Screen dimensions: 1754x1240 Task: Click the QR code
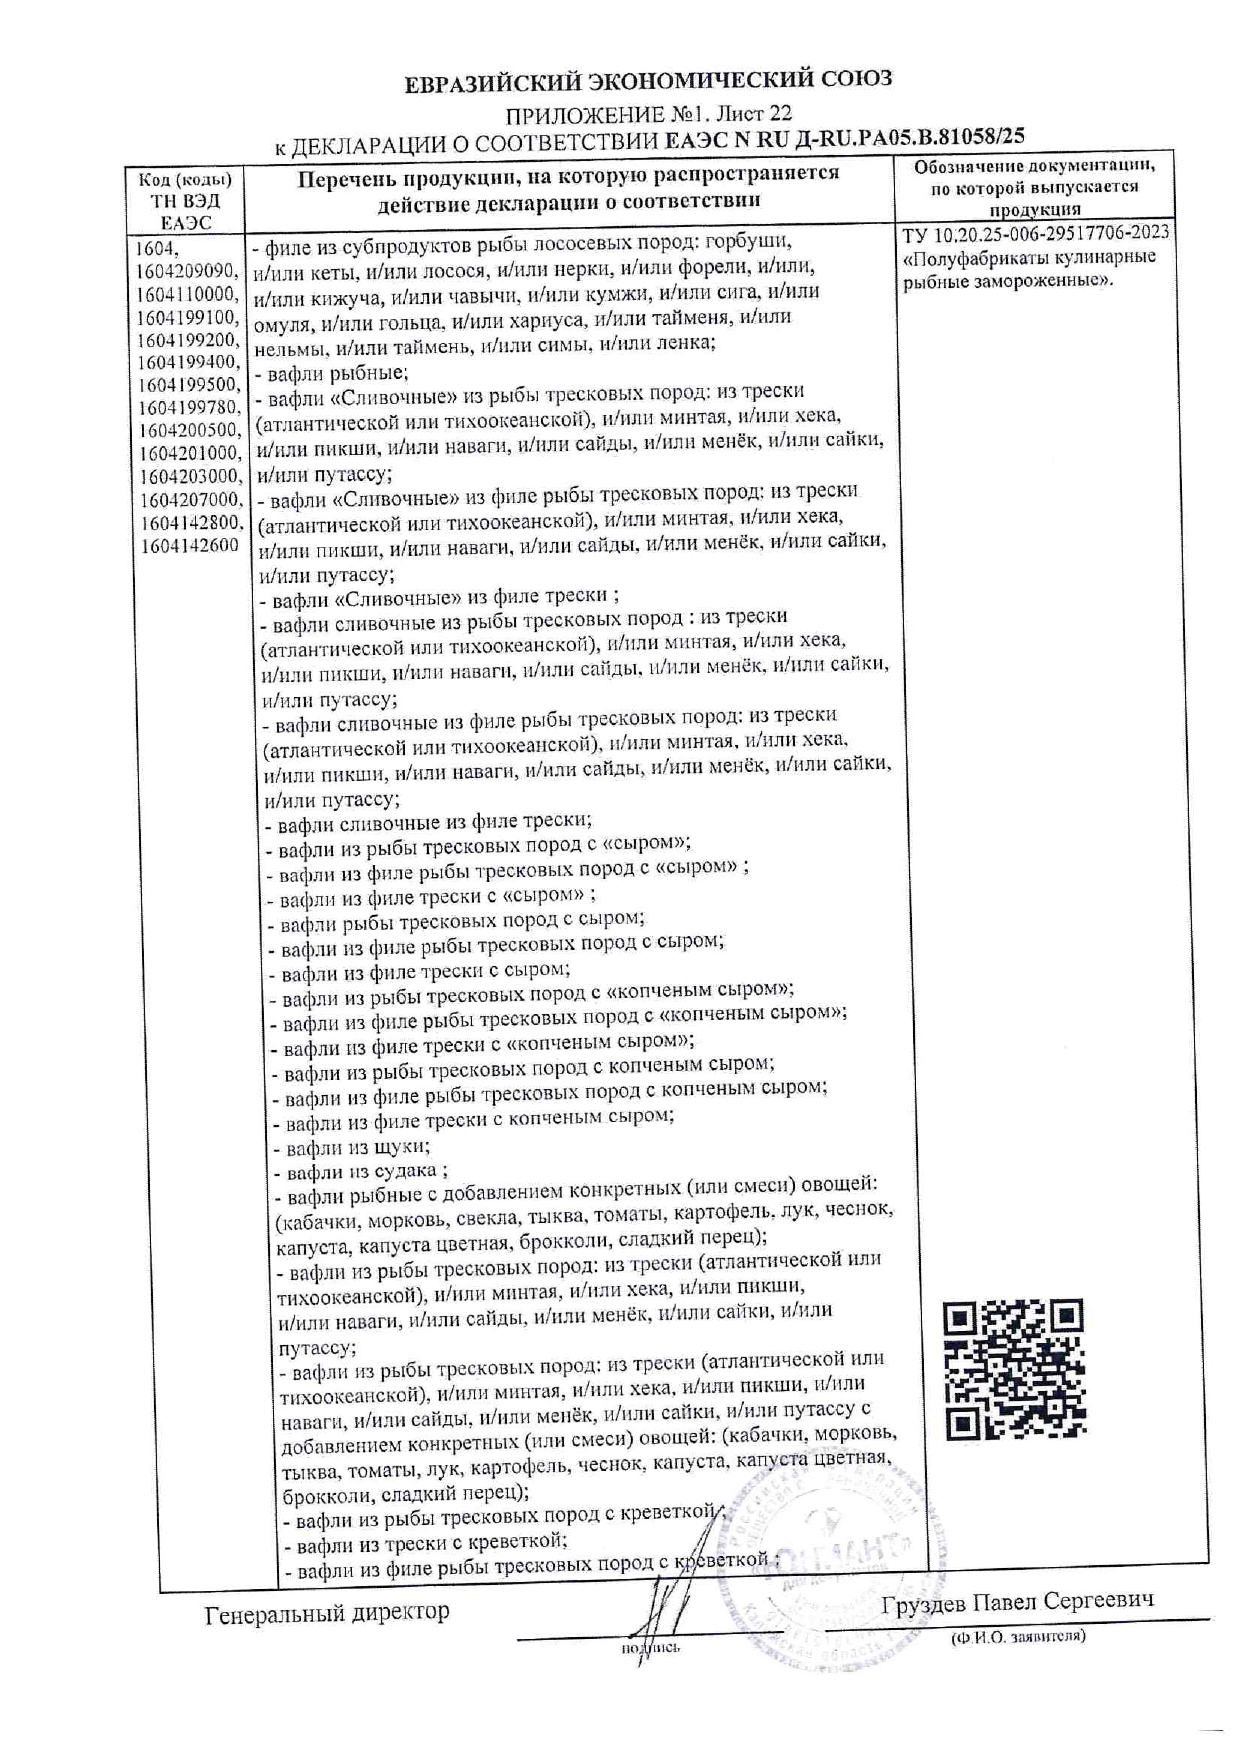coord(1014,1369)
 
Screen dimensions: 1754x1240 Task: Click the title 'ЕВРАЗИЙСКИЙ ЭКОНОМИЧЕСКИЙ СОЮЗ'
coord(648,81)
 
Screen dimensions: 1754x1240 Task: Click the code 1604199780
coord(189,408)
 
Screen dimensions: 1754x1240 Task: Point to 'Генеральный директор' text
coord(327,1612)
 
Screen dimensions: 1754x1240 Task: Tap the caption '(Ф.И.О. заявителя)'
coord(1018,1637)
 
